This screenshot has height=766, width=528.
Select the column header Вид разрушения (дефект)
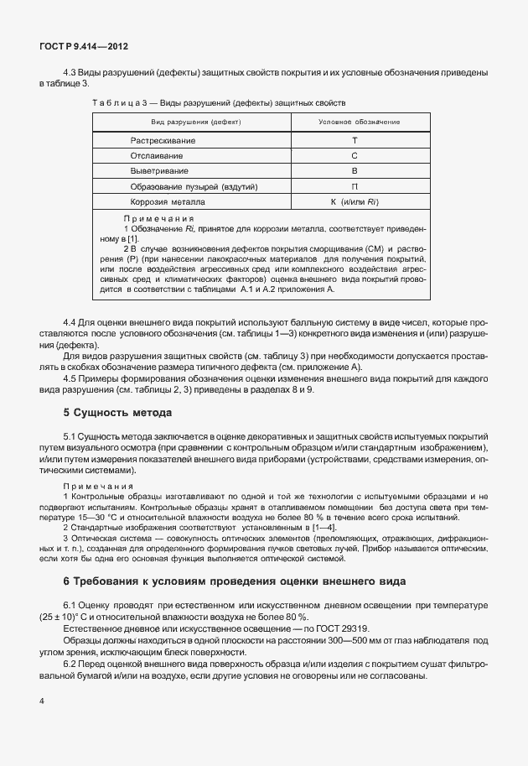190,122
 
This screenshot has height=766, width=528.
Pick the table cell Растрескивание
163,141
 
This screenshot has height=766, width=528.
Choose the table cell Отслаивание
157,156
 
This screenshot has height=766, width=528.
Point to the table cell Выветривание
158,171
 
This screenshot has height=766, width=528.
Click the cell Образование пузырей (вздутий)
194,186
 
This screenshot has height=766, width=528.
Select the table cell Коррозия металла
166,202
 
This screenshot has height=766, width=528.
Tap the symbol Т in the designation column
355,141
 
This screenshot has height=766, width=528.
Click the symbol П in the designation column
355,186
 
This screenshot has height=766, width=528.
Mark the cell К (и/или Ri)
355,202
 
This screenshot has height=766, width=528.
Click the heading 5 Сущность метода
117,413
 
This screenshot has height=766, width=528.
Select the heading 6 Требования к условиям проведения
234,581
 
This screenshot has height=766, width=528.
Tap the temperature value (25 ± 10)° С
69,616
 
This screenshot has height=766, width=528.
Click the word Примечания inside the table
153,218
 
